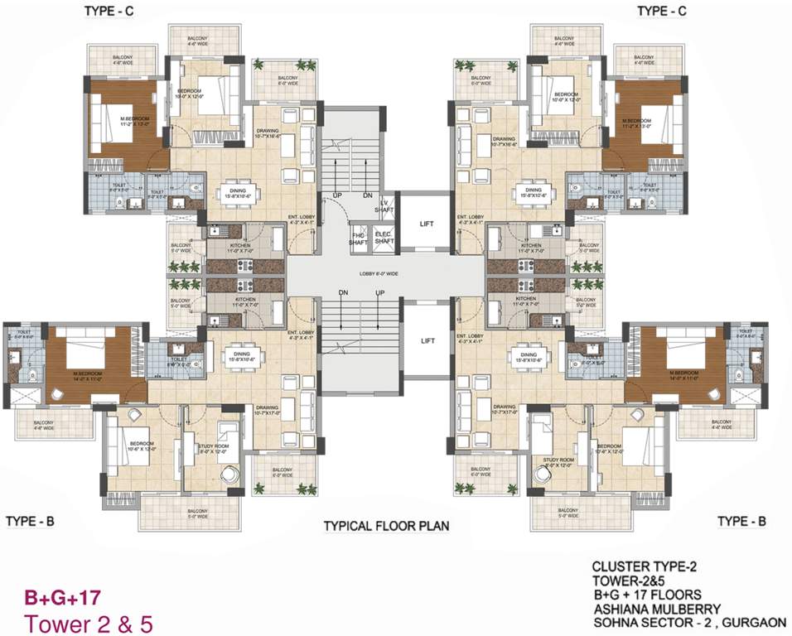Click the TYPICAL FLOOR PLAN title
pos(386,525)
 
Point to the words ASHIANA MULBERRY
pos(655,608)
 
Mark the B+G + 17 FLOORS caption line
pos(646,594)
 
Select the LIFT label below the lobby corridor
pos(427,340)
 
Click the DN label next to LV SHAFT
pos(367,195)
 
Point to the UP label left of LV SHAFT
pos(337,195)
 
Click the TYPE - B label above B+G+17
pos(30,521)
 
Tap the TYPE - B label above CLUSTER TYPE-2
pos(741,521)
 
